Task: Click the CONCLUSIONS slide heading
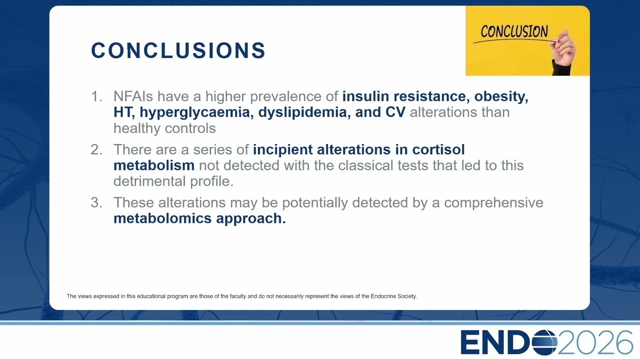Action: point(178,50)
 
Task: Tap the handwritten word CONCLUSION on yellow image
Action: point(514,31)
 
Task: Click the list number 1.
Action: point(96,96)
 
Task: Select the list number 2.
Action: point(96,149)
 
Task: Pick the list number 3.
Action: point(96,202)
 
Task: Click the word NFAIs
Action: point(133,96)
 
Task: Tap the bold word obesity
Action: point(501,96)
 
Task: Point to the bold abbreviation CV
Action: point(395,112)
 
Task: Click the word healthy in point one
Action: point(137,128)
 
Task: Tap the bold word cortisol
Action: point(438,149)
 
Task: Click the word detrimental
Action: point(149,181)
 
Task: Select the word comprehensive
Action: point(493,203)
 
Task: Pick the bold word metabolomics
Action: point(162,218)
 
